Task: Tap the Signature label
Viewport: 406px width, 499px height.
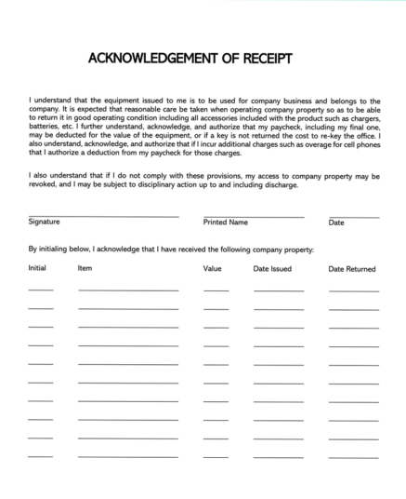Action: click(x=45, y=223)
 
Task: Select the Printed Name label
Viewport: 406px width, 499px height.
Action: click(x=225, y=223)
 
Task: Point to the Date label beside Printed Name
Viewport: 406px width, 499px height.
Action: click(x=336, y=223)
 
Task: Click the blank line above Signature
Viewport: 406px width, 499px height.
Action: click(x=103, y=216)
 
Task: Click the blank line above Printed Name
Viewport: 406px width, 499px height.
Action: click(x=253, y=216)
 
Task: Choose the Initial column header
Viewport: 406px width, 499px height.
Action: click(x=37, y=268)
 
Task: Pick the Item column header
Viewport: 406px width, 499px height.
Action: click(x=85, y=268)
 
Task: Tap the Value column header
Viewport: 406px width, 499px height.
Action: click(x=213, y=268)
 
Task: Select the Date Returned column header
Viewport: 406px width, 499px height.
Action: click(x=352, y=268)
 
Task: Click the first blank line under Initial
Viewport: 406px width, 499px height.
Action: click(x=41, y=290)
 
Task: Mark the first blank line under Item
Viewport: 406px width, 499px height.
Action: click(x=128, y=290)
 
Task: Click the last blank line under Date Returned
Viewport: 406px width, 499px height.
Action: click(x=354, y=456)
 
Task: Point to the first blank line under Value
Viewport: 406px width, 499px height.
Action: click(x=216, y=290)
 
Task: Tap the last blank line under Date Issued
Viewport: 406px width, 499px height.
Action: click(x=278, y=456)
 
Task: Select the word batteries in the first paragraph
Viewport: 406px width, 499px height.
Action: click(x=44, y=132)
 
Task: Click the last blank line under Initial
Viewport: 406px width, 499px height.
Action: click(x=41, y=456)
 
